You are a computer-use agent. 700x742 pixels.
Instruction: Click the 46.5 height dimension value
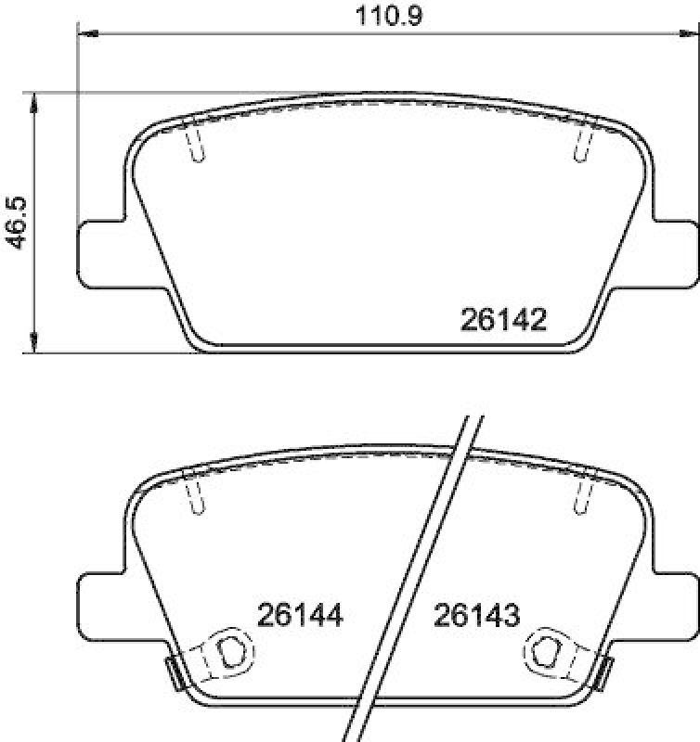(16, 222)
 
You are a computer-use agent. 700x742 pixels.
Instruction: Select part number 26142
(501, 321)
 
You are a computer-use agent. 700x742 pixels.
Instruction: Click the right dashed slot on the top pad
(584, 143)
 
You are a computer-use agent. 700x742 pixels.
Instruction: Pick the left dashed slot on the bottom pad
(195, 495)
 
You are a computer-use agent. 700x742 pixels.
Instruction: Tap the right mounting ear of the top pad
(677, 249)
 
